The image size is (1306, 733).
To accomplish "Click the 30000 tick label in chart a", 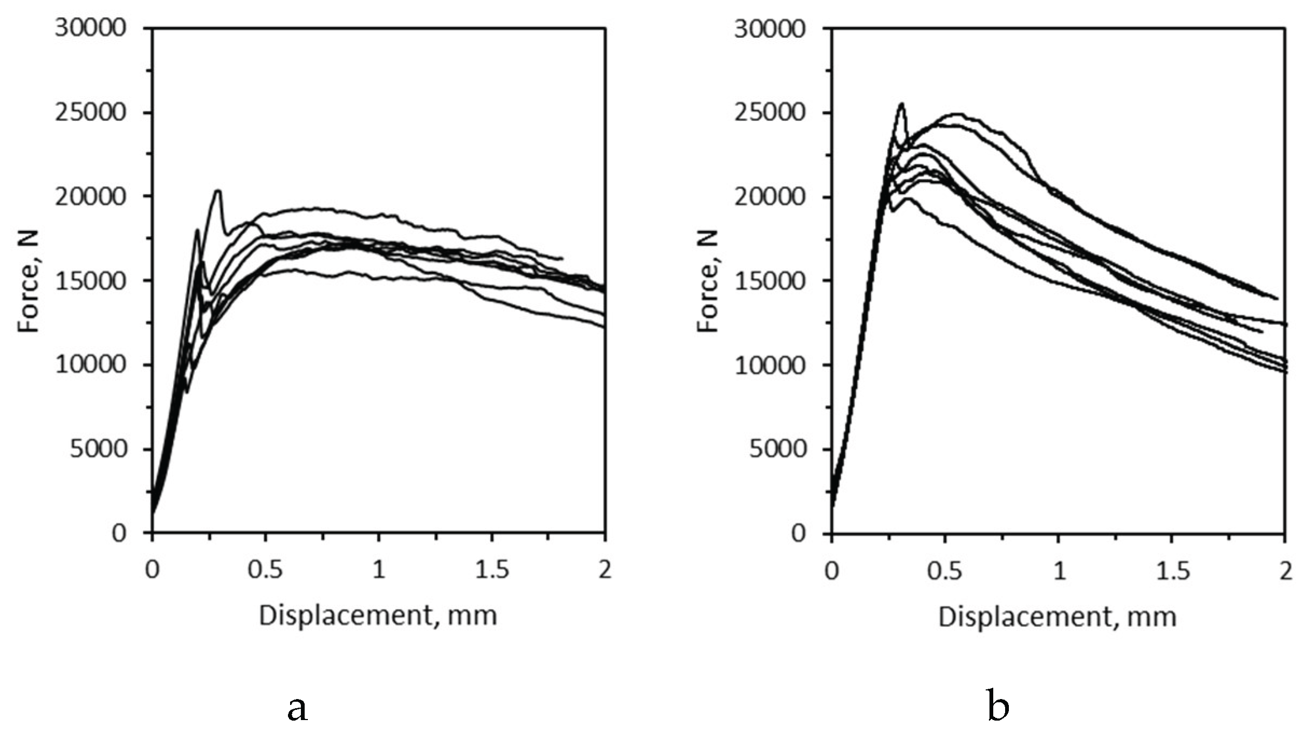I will point(91,28).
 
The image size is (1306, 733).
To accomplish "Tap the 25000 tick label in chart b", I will point(770,113).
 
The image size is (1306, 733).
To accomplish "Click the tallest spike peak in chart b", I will point(901,103).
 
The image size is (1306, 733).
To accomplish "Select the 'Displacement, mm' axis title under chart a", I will point(377,616).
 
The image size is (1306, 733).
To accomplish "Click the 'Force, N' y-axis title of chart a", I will point(29,281).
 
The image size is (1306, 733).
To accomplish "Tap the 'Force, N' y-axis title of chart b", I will point(709,281).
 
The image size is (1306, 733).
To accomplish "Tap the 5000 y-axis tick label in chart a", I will point(98,449).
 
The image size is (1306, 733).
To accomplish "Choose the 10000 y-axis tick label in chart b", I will point(770,365).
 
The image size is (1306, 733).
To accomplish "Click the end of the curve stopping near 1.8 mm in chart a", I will point(562,259).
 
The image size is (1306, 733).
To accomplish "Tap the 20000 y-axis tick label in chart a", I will point(91,197).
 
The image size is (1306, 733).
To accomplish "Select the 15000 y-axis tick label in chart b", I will point(770,281).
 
